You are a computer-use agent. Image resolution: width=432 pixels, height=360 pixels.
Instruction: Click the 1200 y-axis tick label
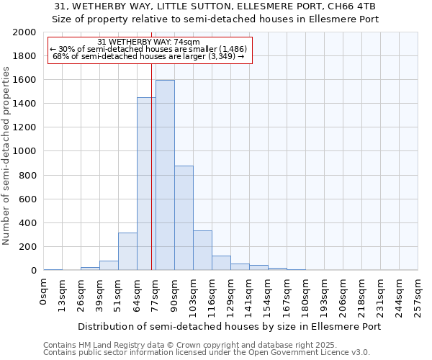tap(25, 127)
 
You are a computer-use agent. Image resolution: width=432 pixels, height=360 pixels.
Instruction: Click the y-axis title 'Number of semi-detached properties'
tap(8, 156)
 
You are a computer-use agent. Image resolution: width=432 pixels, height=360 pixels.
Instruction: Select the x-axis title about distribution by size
tap(229, 326)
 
